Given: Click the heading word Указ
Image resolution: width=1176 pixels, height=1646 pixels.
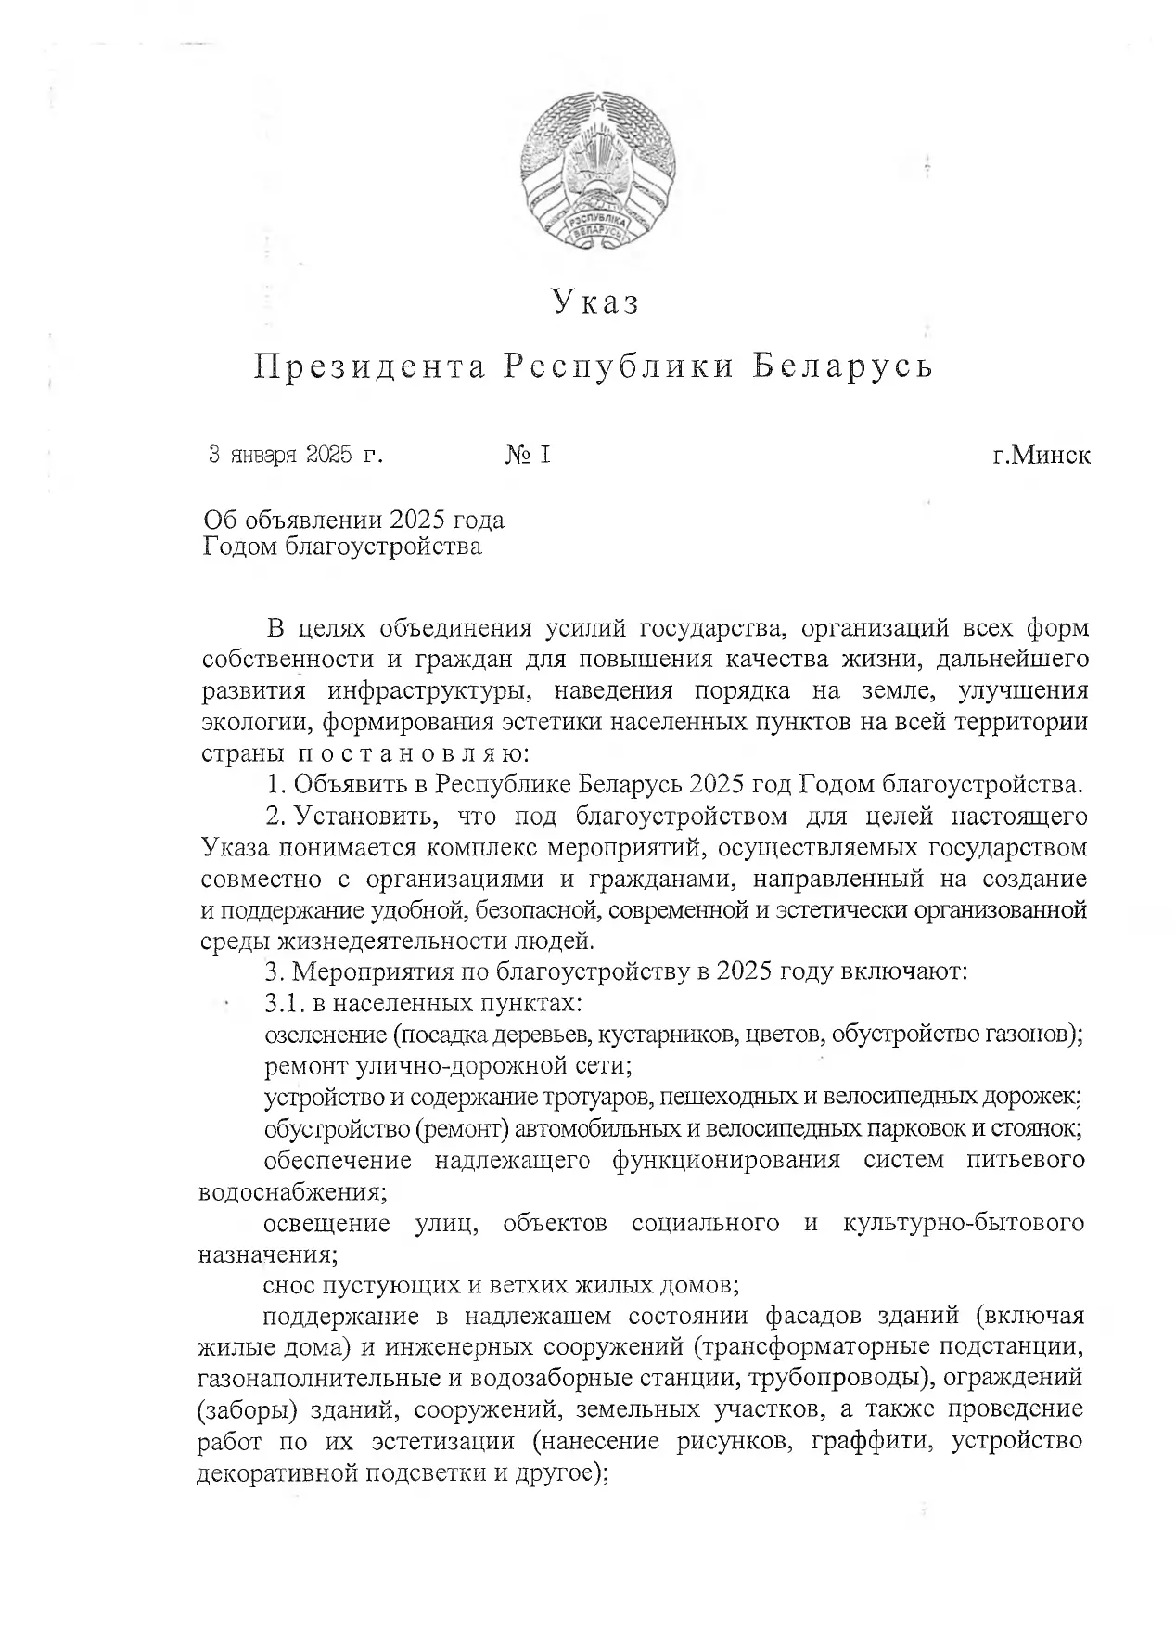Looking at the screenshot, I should click(x=596, y=302).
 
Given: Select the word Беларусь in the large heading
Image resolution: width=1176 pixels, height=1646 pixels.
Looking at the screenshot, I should click(x=842, y=367).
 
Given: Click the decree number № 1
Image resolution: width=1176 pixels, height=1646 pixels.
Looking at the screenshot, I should click(x=529, y=456).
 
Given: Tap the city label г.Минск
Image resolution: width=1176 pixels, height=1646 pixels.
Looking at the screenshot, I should click(x=1041, y=456).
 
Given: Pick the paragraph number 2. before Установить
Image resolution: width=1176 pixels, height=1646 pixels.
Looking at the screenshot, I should click(x=275, y=817).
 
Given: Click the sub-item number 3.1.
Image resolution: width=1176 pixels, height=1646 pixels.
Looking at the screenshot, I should click(x=283, y=1004).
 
